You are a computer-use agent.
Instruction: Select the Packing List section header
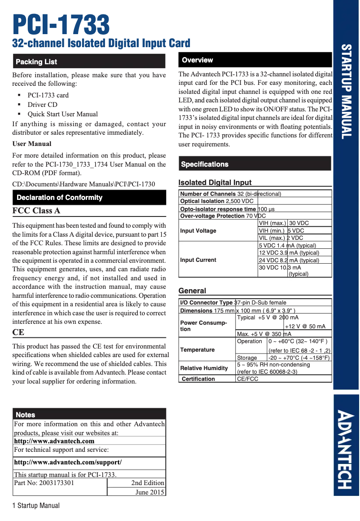36,62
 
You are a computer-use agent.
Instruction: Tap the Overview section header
198,60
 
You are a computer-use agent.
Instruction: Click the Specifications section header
205,164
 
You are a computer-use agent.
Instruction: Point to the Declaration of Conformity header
59,198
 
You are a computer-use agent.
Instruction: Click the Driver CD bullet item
43,105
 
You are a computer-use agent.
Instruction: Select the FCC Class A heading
36,211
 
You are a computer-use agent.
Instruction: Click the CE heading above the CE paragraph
18,332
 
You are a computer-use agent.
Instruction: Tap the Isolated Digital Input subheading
215,182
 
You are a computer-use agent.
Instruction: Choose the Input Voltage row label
198,231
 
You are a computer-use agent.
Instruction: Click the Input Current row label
198,260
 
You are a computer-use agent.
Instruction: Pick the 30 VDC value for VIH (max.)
299,223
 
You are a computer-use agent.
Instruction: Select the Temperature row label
198,350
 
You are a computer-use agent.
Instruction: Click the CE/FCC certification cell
248,379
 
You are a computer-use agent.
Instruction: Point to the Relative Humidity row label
204,368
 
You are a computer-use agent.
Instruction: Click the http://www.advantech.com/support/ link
68,462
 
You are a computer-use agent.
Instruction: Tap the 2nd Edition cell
148,483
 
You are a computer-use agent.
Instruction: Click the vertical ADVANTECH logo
346,449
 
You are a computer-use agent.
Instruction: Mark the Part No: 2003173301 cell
44,483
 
